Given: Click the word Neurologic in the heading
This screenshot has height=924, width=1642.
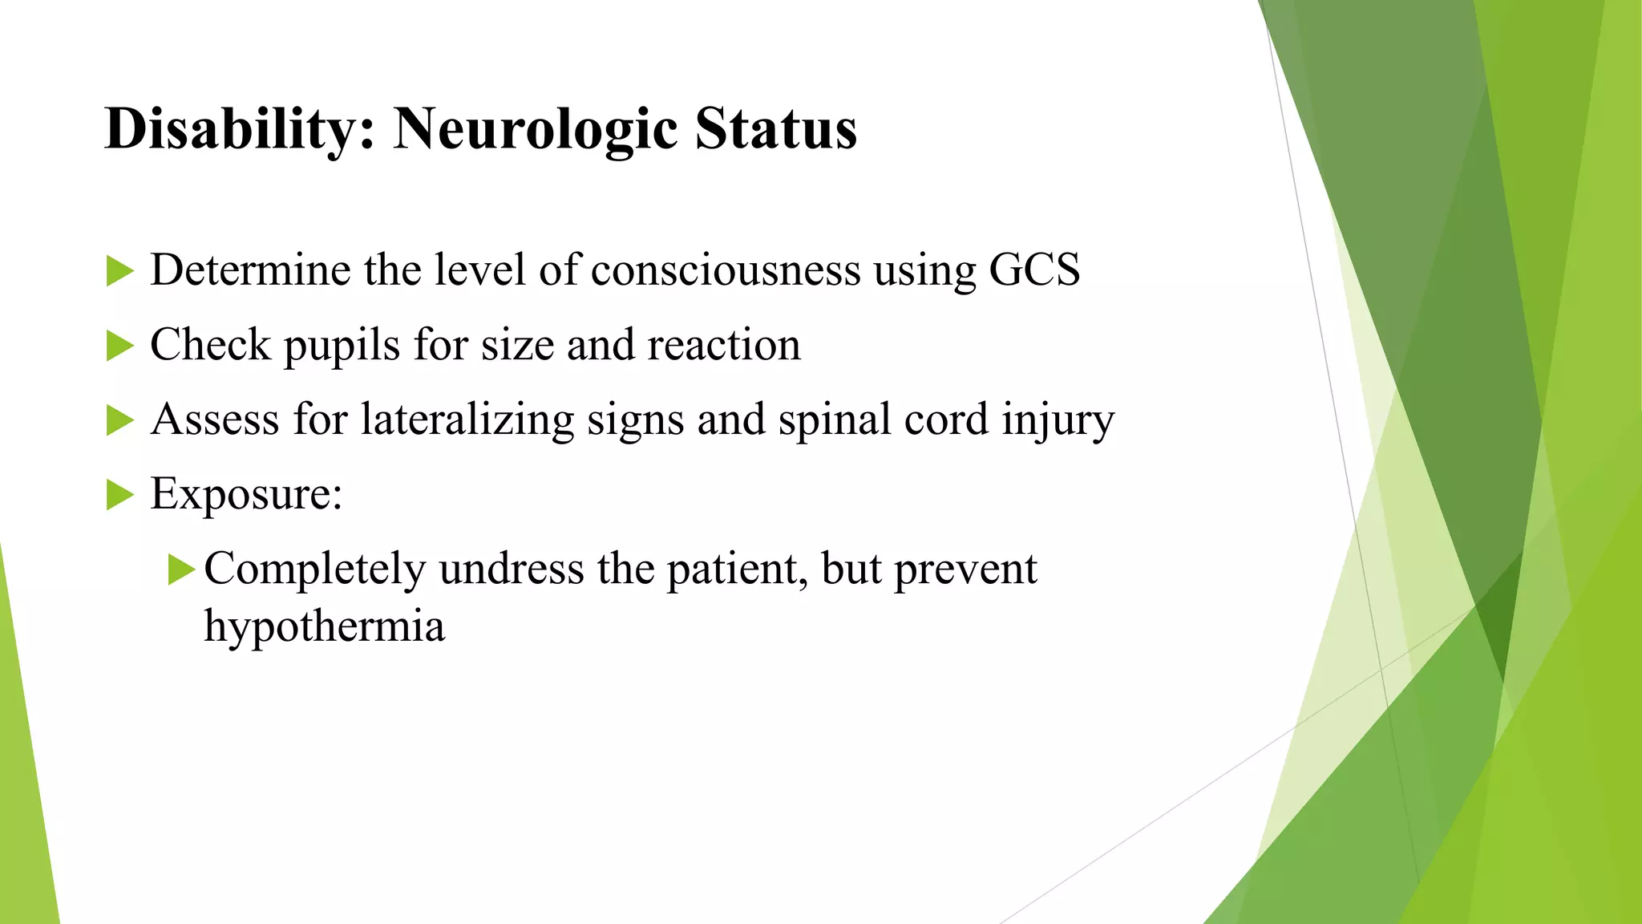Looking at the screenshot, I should [x=536, y=129].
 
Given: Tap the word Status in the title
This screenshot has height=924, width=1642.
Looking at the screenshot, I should [x=775, y=129].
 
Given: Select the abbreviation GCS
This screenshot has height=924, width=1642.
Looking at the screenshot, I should [x=1034, y=269].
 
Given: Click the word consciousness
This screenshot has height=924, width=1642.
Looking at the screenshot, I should [x=725, y=269].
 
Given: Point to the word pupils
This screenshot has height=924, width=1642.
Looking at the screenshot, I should [x=342, y=346].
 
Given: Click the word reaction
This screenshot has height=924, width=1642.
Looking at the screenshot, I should [x=723, y=346].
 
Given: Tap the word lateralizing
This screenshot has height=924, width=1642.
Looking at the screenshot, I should [x=467, y=419].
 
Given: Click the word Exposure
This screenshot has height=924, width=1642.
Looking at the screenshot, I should [x=245, y=493].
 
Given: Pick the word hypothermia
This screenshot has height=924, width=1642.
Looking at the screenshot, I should [x=324, y=626].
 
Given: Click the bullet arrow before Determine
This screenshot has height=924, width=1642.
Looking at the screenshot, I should [x=119, y=271].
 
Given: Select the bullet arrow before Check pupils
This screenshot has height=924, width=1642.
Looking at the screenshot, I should [x=119, y=346].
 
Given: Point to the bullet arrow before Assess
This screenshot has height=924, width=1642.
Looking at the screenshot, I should [x=119, y=421].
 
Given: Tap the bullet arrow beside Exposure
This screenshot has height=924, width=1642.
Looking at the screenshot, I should [x=119, y=495].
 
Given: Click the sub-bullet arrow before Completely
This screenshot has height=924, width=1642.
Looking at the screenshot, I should [x=181, y=570].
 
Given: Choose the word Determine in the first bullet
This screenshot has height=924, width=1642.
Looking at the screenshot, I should [x=250, y=269].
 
